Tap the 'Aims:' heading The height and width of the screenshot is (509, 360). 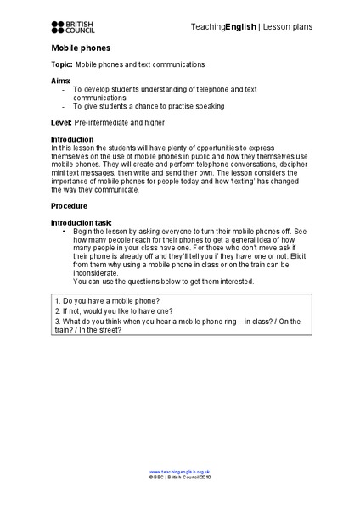[60, 81]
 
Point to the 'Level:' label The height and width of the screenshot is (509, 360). [61, 123]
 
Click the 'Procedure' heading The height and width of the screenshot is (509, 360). [69, 206]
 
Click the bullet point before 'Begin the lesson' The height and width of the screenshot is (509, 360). [65, 231]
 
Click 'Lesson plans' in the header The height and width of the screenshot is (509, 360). [286, 27]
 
